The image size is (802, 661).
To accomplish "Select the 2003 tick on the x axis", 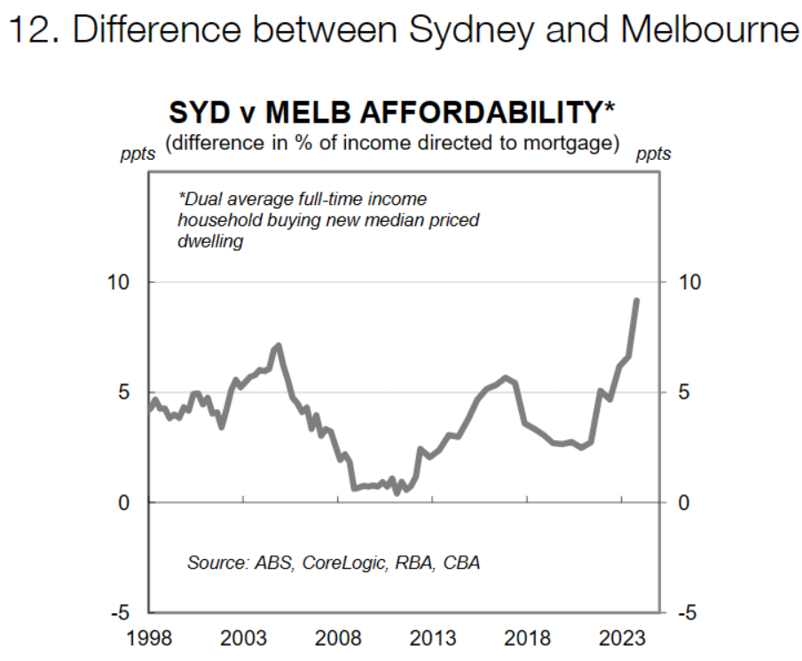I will tap(243, 639).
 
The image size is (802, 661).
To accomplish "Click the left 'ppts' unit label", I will tap(138, 154).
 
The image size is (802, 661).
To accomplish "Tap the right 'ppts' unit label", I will tap(653, 154).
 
